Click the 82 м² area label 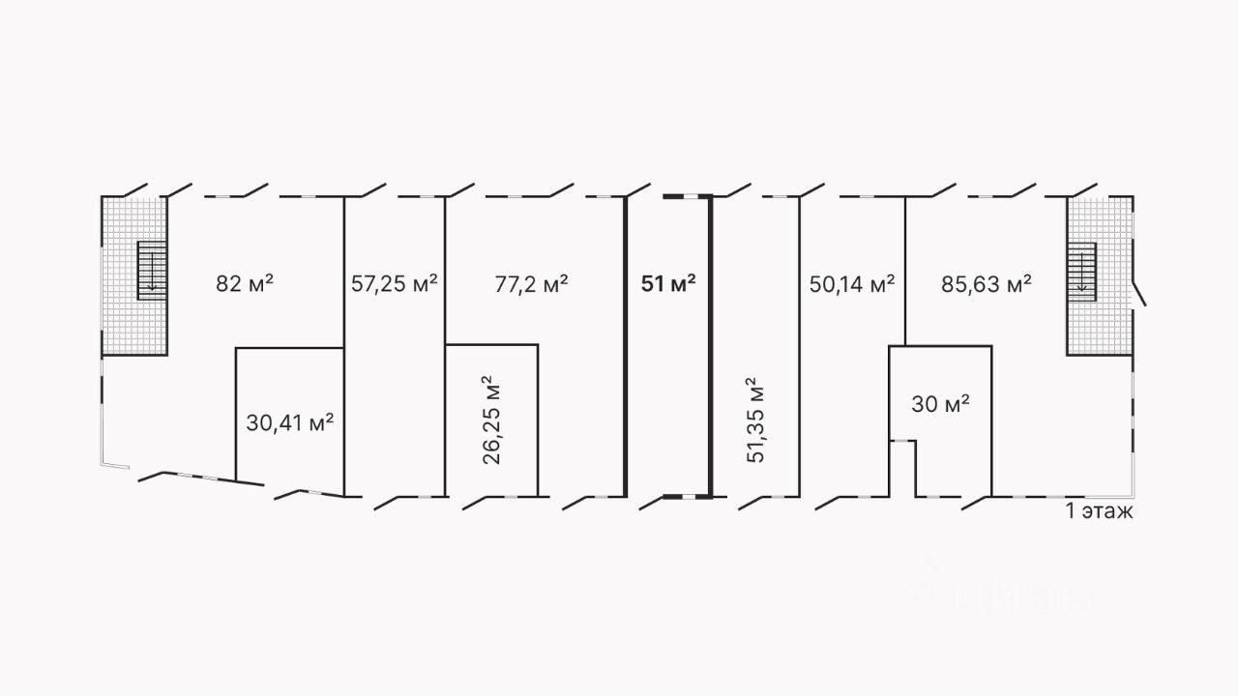coord(244,283)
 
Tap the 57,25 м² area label coord(394,283)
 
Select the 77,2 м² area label coord(531,283)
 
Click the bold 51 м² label coord(668,283)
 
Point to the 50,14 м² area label coord(851,283)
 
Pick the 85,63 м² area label coord(986,283)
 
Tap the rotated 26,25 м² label coord(492,420)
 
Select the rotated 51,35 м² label coord(756,420)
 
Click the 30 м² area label coord(940,404)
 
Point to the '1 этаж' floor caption coord(1098,511)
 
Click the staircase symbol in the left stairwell coord(152,271)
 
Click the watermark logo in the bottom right coord(1006,590)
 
